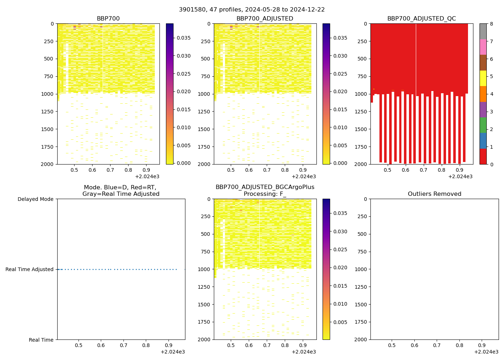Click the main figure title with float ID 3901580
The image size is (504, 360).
click(252, 10)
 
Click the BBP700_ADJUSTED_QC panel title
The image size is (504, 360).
click(421, 19)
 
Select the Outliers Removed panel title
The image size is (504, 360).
click(434, 194)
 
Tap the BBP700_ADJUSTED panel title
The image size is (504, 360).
click(265, 19)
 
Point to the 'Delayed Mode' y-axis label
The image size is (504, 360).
click(35, 199)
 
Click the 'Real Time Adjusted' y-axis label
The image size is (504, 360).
click(29, 269)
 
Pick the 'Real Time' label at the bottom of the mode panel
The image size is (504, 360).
click(41, 340)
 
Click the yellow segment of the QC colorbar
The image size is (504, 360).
click(483, 78)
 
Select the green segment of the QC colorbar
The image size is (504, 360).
click(483, 125)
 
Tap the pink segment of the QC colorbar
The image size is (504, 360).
click(483, 47)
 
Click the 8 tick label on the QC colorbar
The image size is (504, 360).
click(491, 24)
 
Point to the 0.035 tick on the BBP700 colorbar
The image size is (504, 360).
click(183, 38)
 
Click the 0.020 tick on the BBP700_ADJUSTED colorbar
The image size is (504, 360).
click(340, 91)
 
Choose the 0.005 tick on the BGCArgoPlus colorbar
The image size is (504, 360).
click(340, 322)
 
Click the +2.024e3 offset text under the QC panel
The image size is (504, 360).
click(460, 176)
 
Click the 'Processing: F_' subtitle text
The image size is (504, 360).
click(265, 194)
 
